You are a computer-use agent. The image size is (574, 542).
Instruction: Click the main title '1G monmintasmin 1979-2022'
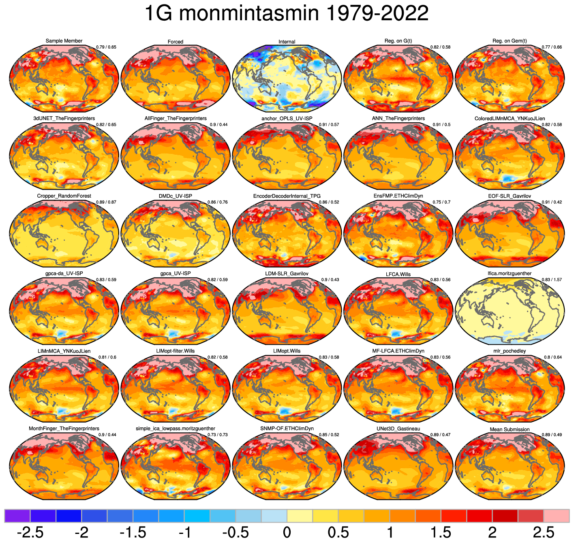pyautogui.click(x=287, y=14)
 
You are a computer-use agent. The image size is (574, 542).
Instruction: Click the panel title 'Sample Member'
pyautogui.click(x=64, y=41)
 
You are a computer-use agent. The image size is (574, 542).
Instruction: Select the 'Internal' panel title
pyautogui.click(x=287, y=42)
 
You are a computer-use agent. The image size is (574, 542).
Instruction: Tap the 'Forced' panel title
pyautogui.click(x=176, y=42)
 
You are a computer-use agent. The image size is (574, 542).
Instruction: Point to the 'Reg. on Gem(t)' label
pyautogui.click(x=510, y=41)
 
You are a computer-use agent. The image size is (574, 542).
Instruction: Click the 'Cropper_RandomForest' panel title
pyautogui.click(x=64, y=196)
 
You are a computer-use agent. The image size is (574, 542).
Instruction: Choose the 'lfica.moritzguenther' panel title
pyautogui.click(x=510, y=273)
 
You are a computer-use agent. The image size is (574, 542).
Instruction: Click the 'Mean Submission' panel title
pyautogui.click(x=510, y=429)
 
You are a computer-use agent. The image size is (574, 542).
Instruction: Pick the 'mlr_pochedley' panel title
pyautogui.click(x=510, y=351)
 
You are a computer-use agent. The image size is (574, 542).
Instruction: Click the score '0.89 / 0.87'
pyautogui.click(x=106, y=202)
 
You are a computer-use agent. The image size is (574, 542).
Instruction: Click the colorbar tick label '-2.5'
pyautogui.click(x=30, y=532)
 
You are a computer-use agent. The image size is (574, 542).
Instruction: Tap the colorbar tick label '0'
pyautogui.click(x=287, y=532)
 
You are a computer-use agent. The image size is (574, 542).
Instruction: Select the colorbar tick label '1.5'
pyautogui.click(x=441, y=532)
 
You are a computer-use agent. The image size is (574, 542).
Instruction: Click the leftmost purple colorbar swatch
pyautogui.click(x=17, y=516)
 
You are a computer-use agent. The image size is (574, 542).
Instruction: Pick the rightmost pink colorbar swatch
pyautogui.click(x=556, y=516)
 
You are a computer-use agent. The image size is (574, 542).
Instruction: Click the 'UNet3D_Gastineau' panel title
pyautogui.click(x=398, y=429)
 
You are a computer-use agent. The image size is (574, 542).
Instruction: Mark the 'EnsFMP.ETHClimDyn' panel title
pyautogui.click(x=398, y=196)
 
